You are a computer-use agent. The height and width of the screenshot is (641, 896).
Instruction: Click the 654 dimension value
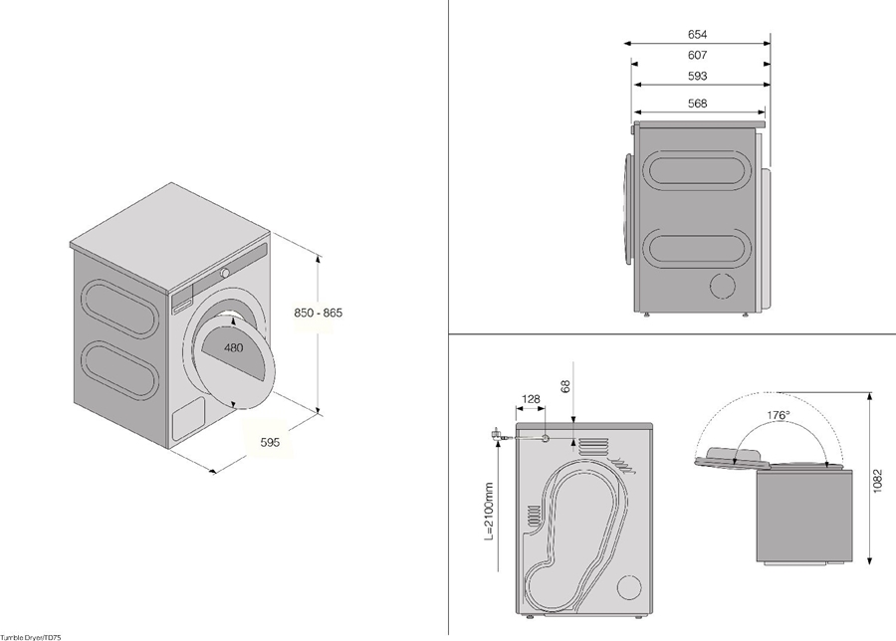(x=697, y=35)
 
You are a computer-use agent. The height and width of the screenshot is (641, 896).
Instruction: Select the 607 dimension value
(x=697, y=56)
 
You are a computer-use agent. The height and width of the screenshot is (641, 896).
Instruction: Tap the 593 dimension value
(x=697, y=78)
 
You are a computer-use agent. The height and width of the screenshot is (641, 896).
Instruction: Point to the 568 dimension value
(x=697, y=105)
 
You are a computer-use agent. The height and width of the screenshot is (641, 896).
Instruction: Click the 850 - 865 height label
(x=318, y=313)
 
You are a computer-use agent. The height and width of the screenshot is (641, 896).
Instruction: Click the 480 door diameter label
(x=233, y=348)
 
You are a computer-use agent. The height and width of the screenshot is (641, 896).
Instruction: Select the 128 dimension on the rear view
(x=531, y=399)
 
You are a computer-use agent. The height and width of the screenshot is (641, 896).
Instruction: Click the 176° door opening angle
(x=778, y=414)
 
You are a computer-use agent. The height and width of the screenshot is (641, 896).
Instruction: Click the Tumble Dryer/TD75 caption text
(x=37, y=635)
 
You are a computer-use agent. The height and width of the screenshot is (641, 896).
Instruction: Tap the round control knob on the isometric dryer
(x=226, y=272)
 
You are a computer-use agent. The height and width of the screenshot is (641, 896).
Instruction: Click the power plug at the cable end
(x=494, y=435)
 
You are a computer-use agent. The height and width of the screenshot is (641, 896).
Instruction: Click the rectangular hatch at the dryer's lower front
(x=186, y=420)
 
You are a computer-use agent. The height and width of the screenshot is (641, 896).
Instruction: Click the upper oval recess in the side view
(x=693, y=169)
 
